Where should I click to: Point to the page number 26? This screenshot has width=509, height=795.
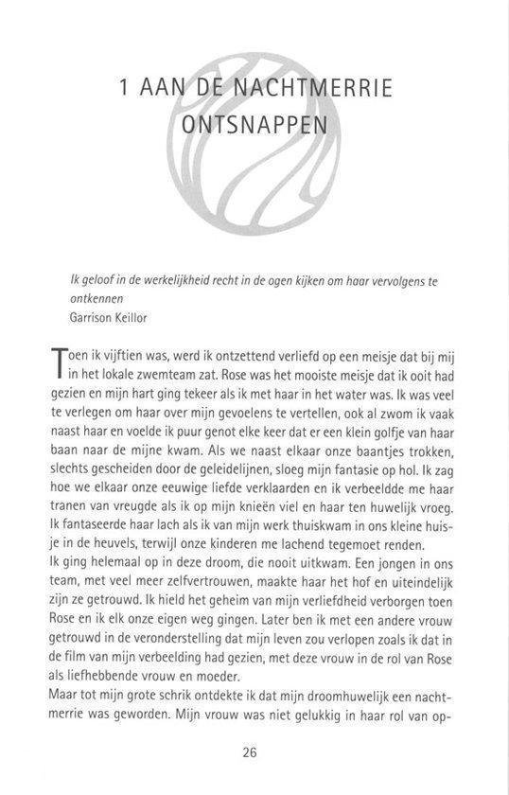(x=251, y=752)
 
